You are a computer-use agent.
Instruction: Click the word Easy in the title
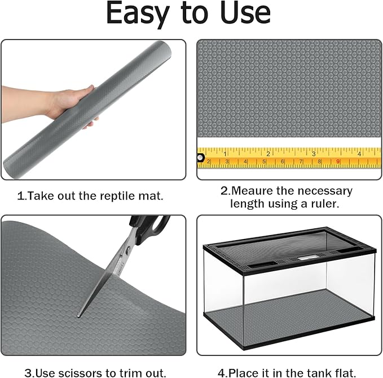click(x=138, y=14)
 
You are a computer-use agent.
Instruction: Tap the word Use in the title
click(x=245, y=13)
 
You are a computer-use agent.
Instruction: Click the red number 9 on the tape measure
click(x=338, y=162)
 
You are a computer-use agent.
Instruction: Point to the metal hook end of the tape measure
click(x=200, y=158)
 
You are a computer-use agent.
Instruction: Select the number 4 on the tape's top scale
click(x=359, y=154)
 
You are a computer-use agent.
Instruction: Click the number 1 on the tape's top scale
click(x=225, y=154)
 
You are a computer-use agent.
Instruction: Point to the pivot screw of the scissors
click(x=127, y=250)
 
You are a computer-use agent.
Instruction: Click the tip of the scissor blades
click(x=78, y=316)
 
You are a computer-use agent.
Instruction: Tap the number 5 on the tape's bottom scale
click(x=264, y=162)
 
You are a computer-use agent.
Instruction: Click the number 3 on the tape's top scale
click(x=314, y=154)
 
